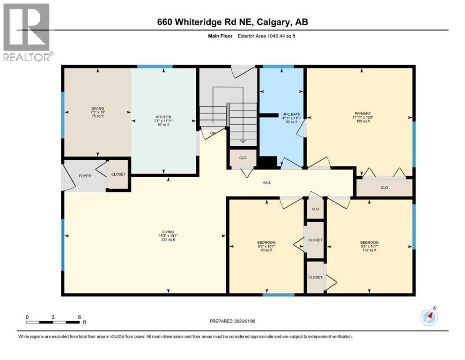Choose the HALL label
[x=266, y=183]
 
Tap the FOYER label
[x=85, y=176]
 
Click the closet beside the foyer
[x=118, y=174]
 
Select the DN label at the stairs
[x=213, y=133]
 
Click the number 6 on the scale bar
[x=80, y=317]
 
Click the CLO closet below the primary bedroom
[x=384, y=187]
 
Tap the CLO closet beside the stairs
[x=243, y=158]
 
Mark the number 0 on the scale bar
[x=27, y=317]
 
